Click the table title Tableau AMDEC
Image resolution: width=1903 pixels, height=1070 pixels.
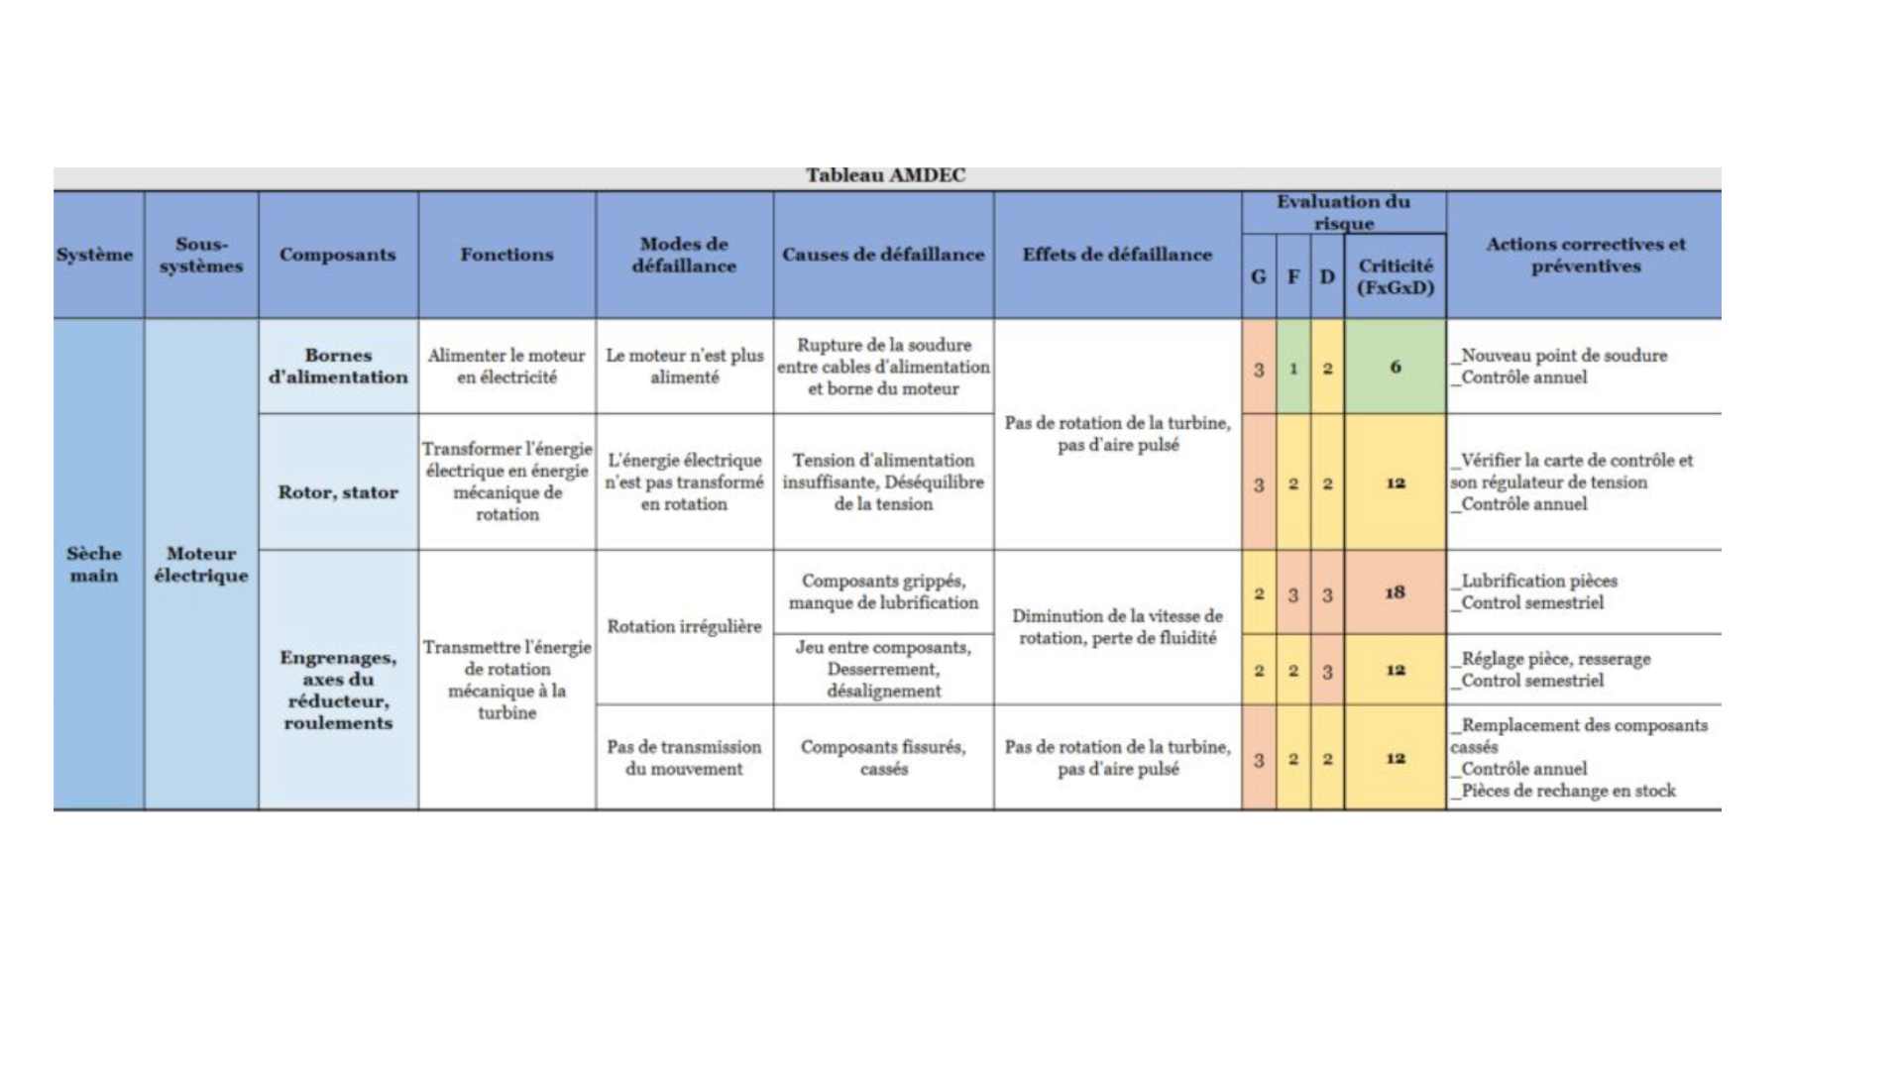(885, 176)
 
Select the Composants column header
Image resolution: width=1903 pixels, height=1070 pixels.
(337, 255)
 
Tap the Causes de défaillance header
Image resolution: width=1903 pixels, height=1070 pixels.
(883, 255)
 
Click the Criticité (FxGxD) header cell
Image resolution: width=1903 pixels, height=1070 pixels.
(1395, 277)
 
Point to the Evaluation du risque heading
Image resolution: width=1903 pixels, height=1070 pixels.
(1343, 212)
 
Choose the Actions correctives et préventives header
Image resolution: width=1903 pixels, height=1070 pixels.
(1584, 255)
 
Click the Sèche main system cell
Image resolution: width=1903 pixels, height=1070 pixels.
(94, 565)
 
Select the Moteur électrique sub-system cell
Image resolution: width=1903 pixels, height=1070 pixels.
(201, 565)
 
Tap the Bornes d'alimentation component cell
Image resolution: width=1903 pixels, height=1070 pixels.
(338, 367)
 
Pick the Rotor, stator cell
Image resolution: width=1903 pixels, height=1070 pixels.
(338, 492)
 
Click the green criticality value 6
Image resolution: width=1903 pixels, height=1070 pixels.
(1395, 368)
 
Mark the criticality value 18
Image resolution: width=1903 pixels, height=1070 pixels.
(1395, 592)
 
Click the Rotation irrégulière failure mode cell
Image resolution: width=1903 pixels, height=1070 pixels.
(684, 626)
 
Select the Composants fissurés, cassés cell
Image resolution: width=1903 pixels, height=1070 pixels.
(883, 758)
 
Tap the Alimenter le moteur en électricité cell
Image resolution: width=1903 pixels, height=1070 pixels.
(506, 367)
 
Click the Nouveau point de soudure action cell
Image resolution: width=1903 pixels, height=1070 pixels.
(1563, 367)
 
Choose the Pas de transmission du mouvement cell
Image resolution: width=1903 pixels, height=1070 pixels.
(684, 758)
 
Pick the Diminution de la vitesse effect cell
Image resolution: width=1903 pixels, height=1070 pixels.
(1117, 627)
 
